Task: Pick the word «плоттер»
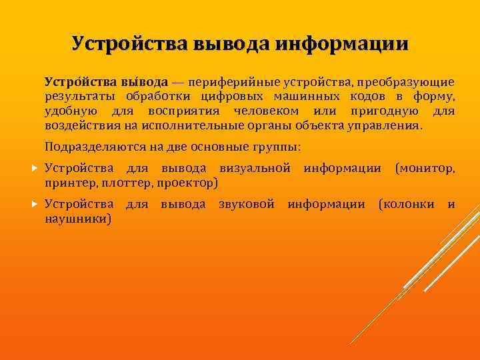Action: click(x=127, y=182)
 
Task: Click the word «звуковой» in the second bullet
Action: click(x=247, y=204)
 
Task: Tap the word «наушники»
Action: click(x=78, y=218)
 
